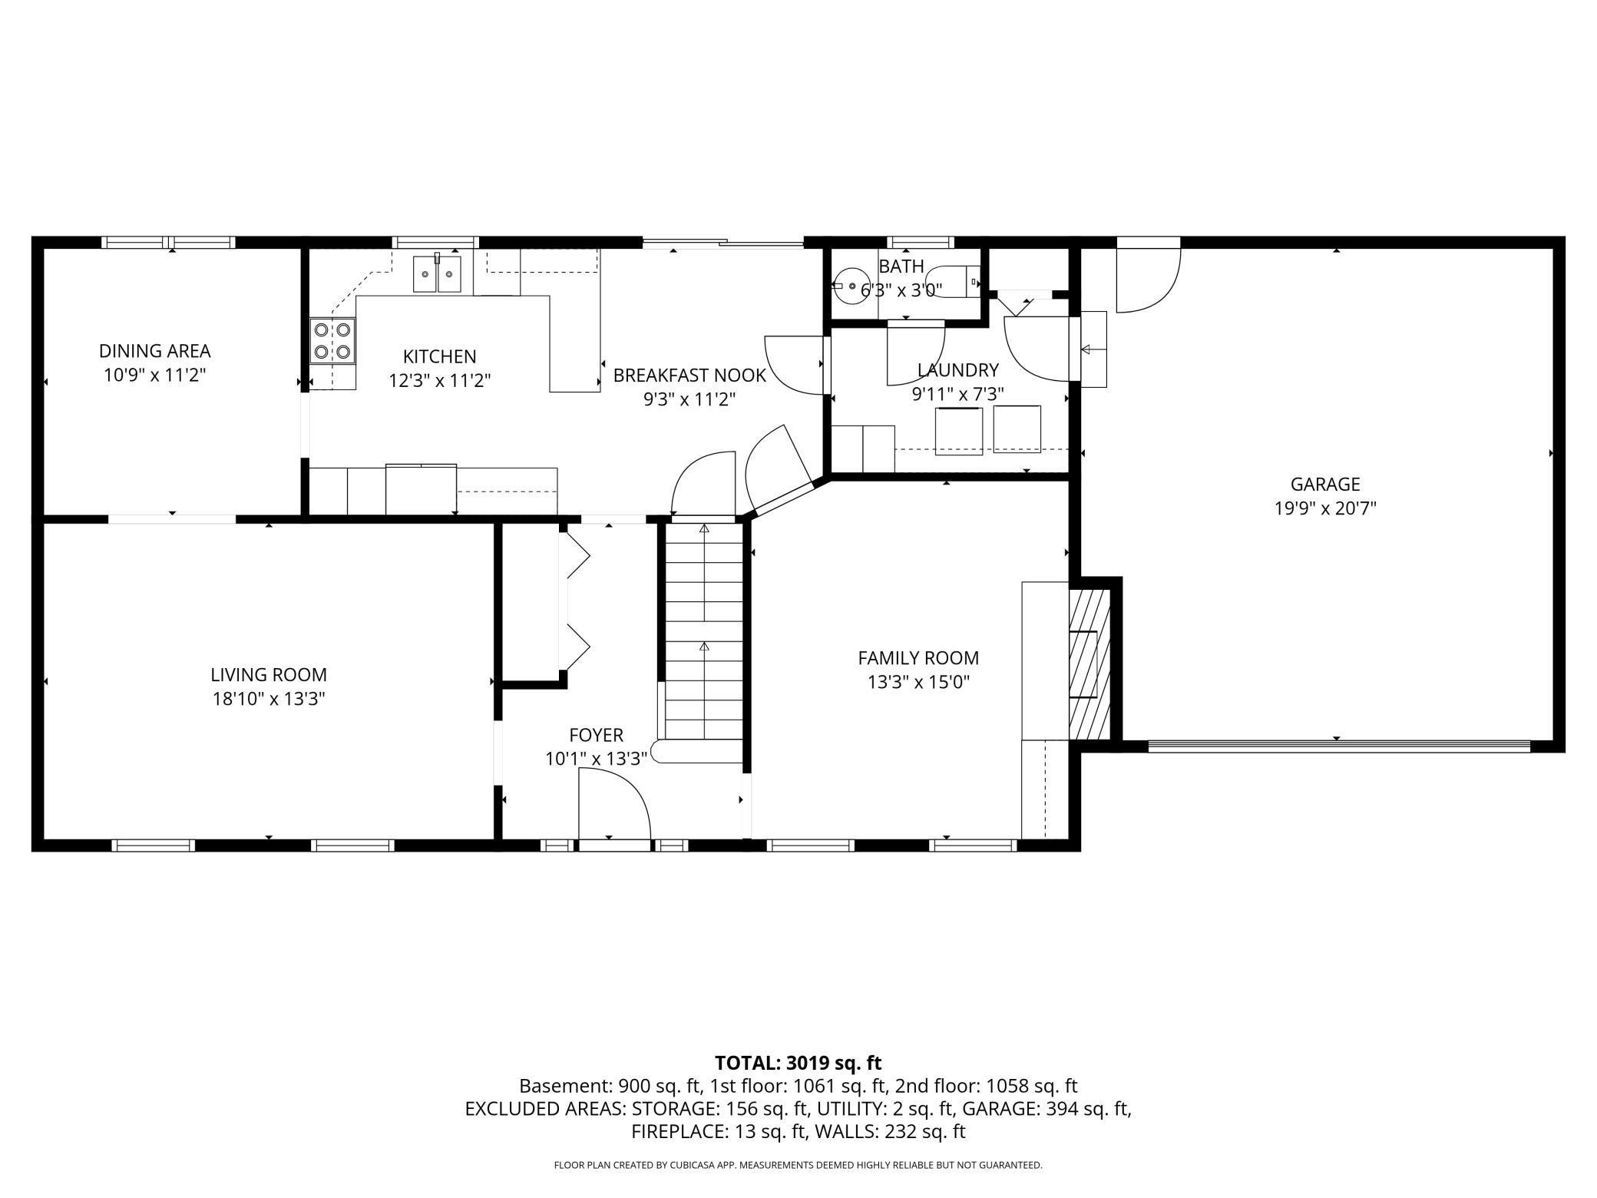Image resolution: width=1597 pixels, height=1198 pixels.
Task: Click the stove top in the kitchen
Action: [332, 341]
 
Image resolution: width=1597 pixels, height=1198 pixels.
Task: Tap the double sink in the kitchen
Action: [438, 275]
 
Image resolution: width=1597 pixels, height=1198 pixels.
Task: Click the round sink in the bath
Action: [851, 285]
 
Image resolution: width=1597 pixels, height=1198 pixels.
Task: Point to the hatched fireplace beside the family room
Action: [1089, 664]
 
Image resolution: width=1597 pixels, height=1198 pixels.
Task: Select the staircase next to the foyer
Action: [703, 630]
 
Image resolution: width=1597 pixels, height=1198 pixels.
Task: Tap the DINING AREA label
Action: [154, 351]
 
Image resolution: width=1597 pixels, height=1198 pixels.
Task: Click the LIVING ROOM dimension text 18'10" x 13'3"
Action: [269, 699]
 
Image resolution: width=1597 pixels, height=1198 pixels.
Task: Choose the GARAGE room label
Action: [1324, 484]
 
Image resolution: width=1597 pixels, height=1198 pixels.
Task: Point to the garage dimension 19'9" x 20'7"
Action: [1324, 508]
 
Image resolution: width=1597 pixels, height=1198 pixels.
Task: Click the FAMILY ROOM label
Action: [918, 658]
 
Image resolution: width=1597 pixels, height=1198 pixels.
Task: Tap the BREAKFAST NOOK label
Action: [689, 376]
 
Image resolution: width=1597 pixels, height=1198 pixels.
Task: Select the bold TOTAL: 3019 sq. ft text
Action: [798, 1063]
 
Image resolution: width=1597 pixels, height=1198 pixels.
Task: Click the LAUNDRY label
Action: [957, 370]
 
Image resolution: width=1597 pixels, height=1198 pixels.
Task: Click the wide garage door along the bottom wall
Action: [1338, 746]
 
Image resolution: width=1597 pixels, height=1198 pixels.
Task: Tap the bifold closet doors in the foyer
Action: [576, 603]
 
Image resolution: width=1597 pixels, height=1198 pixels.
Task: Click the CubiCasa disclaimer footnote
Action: [798, 1165]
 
